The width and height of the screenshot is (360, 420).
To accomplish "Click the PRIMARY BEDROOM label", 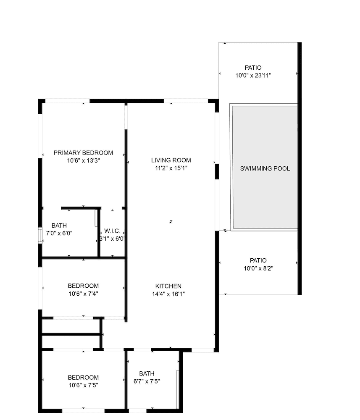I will [x=83, y=153].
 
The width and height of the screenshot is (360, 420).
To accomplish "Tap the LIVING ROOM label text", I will [x=171, y=160].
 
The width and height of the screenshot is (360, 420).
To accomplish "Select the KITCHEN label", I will [x=167, y=286].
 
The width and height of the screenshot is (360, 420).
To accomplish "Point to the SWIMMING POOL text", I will [x=265, y=169].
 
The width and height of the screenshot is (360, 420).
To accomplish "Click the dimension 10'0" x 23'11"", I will [x=253, y=76].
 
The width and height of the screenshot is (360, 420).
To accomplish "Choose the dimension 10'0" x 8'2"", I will [x=258, y=268].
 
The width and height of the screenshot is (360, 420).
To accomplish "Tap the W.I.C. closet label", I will [x=112, y=231].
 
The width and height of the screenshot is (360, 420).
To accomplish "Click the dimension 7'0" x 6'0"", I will [x=59, y=233].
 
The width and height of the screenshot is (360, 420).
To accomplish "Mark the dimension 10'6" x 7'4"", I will [x=83, y=294].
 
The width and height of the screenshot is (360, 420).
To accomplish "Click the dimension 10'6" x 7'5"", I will [x=83, y=385].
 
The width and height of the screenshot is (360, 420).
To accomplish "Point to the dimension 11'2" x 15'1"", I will [x=171, y=168].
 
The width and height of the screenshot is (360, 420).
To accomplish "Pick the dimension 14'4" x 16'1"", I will [x=167, y=294].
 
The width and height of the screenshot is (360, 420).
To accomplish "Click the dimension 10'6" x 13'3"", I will [x=83, y=160].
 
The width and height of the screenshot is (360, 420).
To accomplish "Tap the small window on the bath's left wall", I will [x=40, y=236].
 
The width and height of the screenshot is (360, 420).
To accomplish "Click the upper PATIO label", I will [x=253, y=68].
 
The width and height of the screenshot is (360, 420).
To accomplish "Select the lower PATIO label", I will [x=258, y=260].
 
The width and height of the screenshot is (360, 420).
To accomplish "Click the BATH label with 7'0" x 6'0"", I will [x=59, y=226].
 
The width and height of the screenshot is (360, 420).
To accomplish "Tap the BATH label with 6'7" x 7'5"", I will [x=147, y=373].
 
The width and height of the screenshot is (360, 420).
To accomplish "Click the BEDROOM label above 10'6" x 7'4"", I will [x=83, y=286].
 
